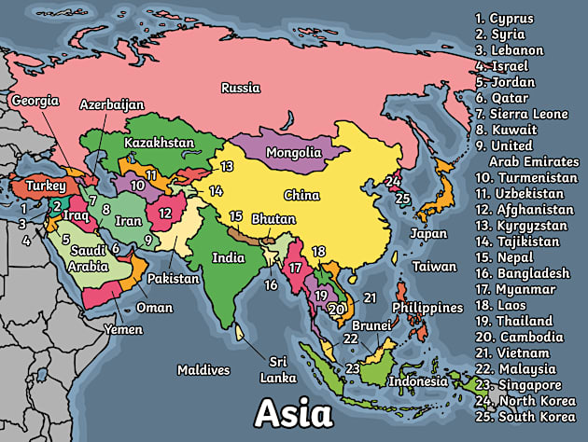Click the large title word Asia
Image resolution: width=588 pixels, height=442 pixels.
pyautogui.click(x=293, y=411)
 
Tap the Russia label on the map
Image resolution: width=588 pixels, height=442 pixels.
pyautogui.click(x=241, y=89)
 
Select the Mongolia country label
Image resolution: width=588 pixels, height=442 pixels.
pyautogui.click(x=293, y=152)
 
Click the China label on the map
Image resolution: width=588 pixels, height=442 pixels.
pyautogui.click(x=301, y=196)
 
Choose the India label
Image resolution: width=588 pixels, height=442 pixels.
pyautogui.click(x=228, y=257)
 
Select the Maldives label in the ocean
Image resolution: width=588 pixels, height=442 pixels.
pyautogui.click(x=203, y=370)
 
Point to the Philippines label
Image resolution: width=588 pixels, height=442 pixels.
pyautogui.click(x=427, y=308)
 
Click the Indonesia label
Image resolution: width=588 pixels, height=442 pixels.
pyautogui.click(x=419, y=381)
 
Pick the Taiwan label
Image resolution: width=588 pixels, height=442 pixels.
pyautogui.click(x=435, y=267)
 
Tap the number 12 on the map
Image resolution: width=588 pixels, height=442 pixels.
pyautogui.click(x=164, y=213)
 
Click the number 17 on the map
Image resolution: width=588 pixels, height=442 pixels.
pyautogui.click(x=296, y=268)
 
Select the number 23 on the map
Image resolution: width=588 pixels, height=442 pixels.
pyautogui.click(x=353, y=368)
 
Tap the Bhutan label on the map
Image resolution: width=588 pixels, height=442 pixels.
pyautogui.click(x=273, y=219)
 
